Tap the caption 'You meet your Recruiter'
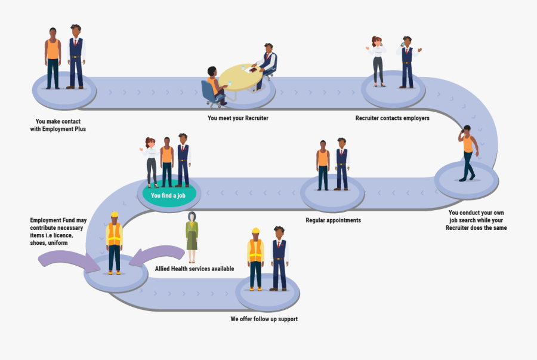click(237, 118)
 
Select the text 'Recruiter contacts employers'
click(392, 118)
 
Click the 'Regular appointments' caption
click(333, 220)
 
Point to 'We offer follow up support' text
click(264, 319)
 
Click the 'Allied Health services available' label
click(194, 269)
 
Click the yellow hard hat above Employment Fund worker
click(115, 214)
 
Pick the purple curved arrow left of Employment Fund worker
click(63, 259)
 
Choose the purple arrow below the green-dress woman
click(156, 256)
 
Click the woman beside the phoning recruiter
click(377, 61)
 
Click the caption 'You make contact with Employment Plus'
click(58, 125)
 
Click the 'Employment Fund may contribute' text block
click(59, 232)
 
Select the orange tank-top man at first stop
click(53, 58)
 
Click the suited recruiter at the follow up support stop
click(279, 258)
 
